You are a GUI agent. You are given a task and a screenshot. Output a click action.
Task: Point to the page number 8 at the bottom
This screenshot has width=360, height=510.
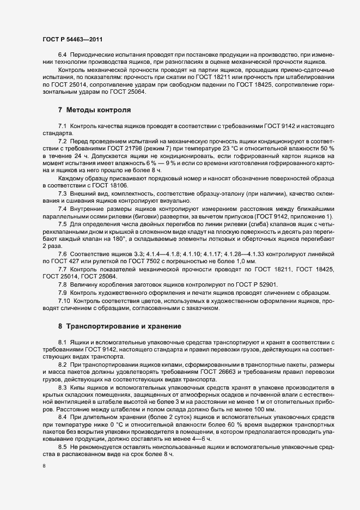pyautogui.click(x=44, y=466)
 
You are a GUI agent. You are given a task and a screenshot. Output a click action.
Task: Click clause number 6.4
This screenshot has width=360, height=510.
pyautogui.click(x=62, y=56)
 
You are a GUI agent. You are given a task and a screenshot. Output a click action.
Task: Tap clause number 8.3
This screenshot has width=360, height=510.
pyautogui.click(x=62, y=386)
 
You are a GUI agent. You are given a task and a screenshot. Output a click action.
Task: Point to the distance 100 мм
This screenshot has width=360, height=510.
pyautogui.click(x=264, y=408)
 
